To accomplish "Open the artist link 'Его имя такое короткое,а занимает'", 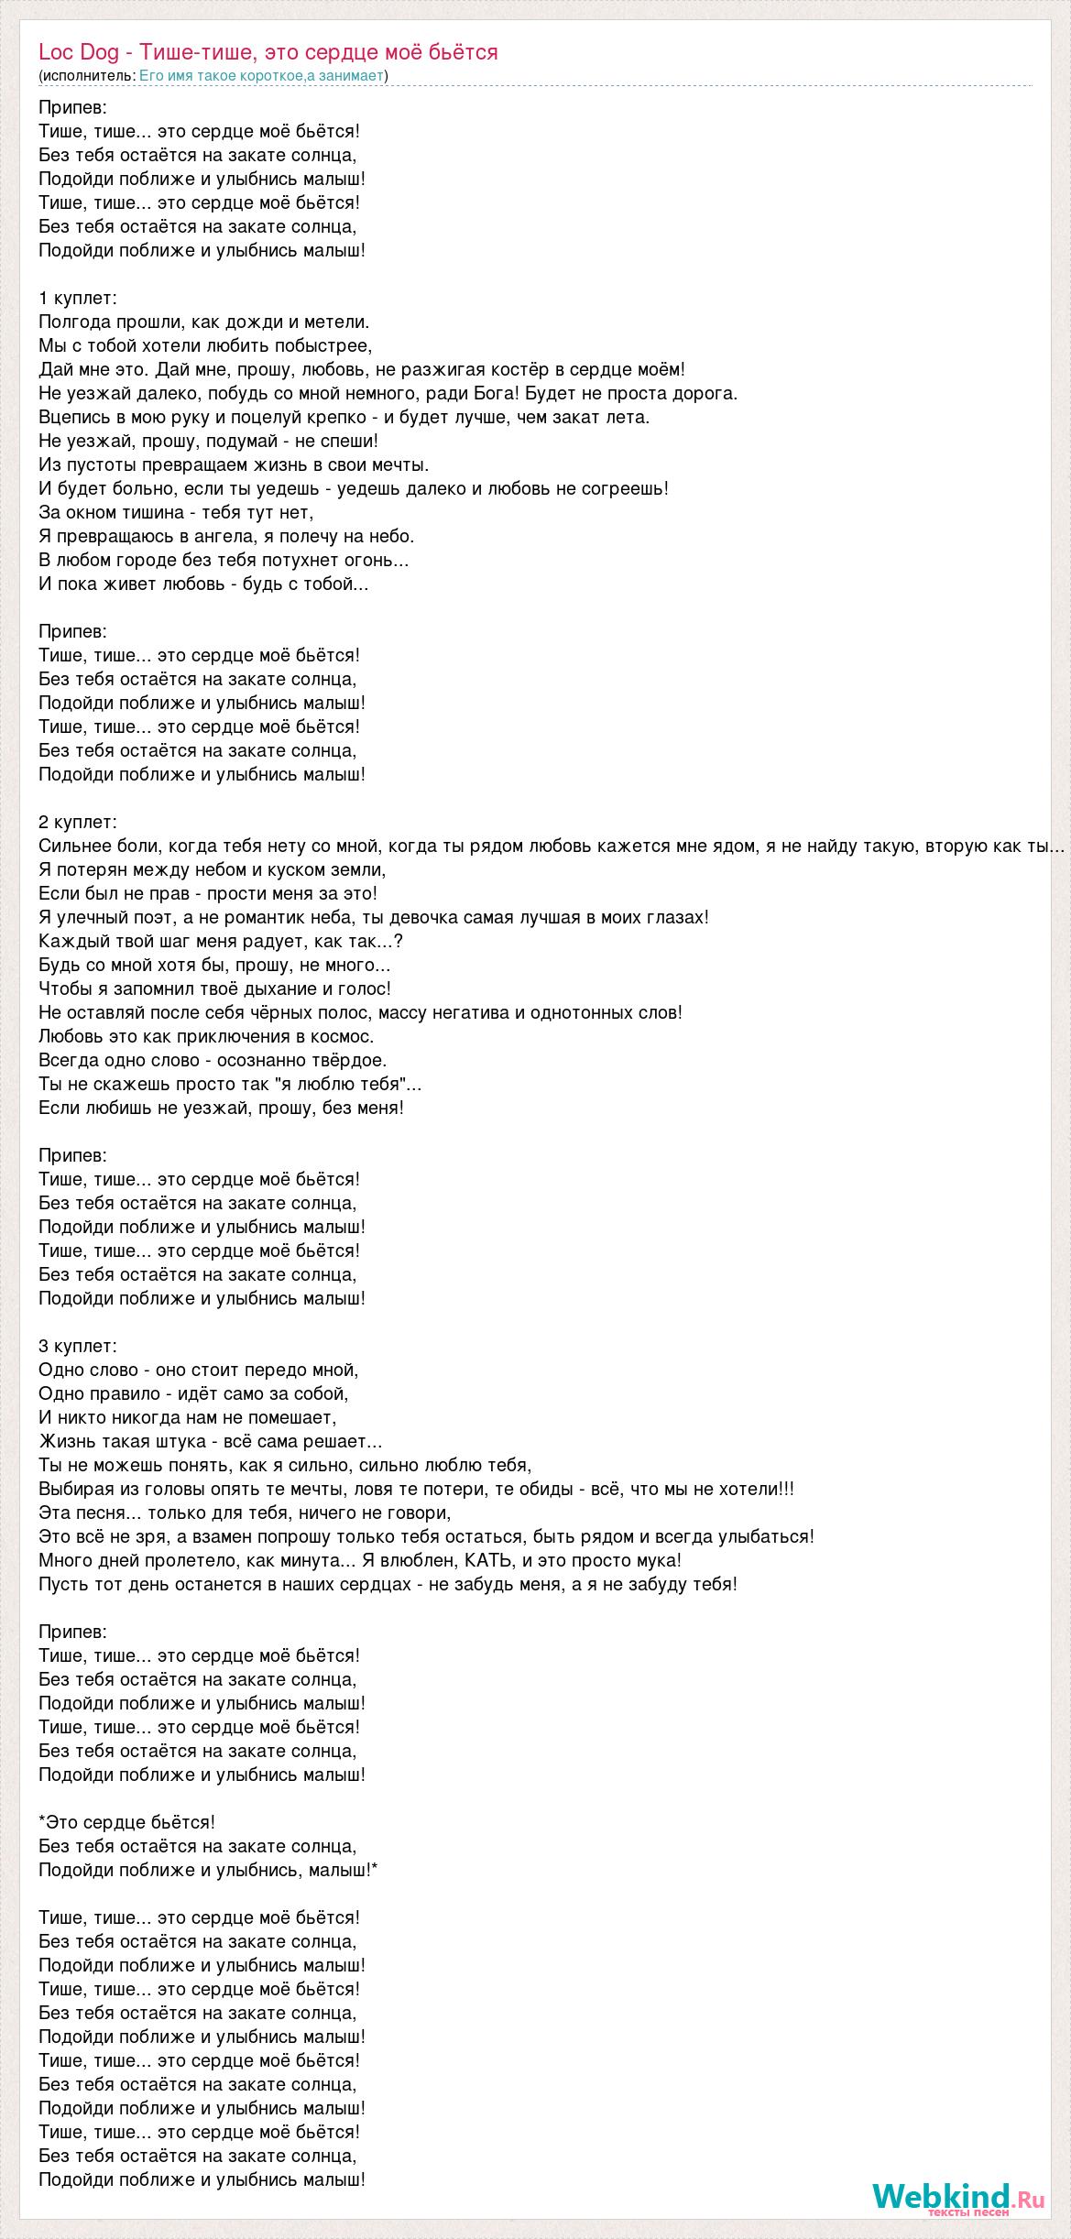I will (261, 75).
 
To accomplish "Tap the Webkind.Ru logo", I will (958, 2198).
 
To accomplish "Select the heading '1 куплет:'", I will (78, 298).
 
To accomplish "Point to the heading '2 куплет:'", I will (78, 822).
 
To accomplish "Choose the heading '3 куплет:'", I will (78, 1346).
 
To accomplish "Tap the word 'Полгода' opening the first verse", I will (75, 322).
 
